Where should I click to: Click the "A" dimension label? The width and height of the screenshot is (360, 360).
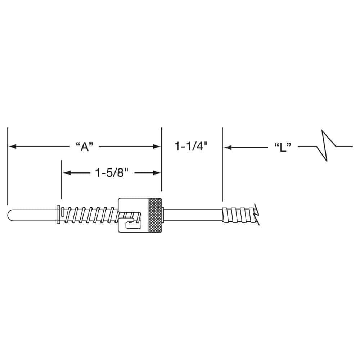pyautogui.click(x=85, y=147)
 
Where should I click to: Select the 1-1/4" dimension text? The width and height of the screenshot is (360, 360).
pyautogui.click(x=192, y=147)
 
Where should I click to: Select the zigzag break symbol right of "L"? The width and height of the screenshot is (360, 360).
pyautogui.click(x=326, y=146)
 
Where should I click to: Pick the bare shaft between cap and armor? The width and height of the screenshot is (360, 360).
pyautogui.click(x=193, y=215)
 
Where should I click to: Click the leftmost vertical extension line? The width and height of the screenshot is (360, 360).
pyautogui.click(x=7, y=166)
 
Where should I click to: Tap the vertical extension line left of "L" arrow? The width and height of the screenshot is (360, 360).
pyautogui.click(x=222, y=164)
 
